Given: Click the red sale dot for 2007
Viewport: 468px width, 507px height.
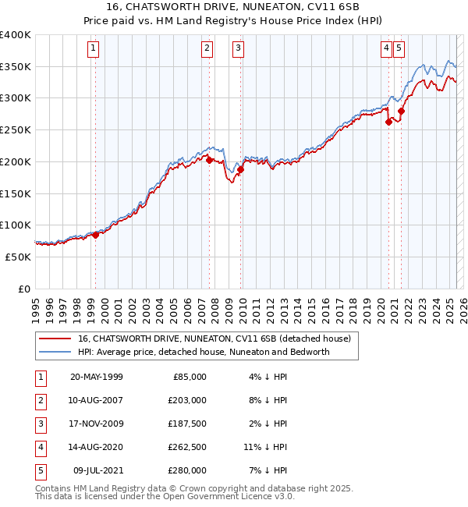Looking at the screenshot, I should click(209, 160).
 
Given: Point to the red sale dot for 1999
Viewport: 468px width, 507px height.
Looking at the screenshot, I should click(95, 235).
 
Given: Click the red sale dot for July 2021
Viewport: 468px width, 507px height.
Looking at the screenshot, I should click(401, 111).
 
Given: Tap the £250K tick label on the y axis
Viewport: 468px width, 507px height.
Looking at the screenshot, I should click(16, 130).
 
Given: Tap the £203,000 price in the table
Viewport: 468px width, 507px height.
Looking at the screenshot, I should click(187, 400).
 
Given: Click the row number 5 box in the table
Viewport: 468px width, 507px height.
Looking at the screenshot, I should click(38, 470).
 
